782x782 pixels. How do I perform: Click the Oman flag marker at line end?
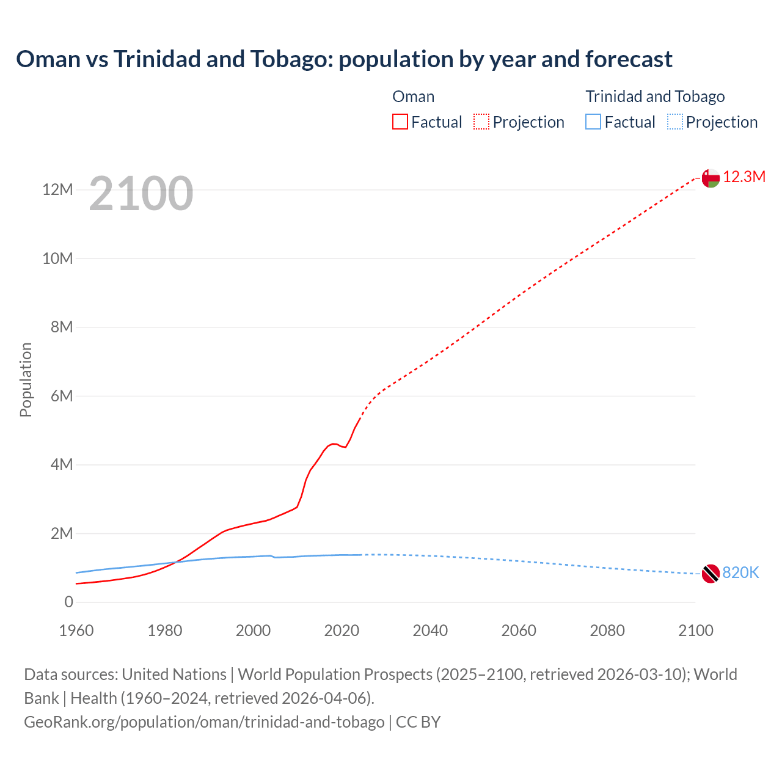coord(710,178)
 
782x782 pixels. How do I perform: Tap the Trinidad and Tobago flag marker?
coord(710,574)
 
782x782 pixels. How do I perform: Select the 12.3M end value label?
coord(744,177)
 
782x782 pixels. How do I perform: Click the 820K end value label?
coord(740,572)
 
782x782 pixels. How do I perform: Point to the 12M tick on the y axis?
coord(57,190)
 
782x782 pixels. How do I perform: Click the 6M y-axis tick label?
coord(61,396)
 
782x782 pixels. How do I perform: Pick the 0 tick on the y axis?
coord(68,602)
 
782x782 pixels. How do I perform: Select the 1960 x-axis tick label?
coord(76,630)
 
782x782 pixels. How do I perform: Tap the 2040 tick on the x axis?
coord(430,630)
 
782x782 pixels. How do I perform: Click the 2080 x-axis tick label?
coord(607,630)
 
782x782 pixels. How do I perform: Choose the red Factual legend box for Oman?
coord(400,122)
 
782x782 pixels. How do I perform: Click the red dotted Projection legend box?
coord(481,122)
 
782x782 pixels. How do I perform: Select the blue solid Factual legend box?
coord(593,122)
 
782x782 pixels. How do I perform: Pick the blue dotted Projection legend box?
coord(675,122)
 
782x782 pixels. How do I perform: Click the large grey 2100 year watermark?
coord(141,194)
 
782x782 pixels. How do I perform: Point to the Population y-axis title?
coord(26,379)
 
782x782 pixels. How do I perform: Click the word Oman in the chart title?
coord(48,59)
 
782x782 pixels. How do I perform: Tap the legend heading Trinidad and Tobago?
coord(655,97)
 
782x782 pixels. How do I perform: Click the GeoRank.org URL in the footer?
coord(204,722)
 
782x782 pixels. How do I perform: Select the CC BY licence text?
coord(418,722)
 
